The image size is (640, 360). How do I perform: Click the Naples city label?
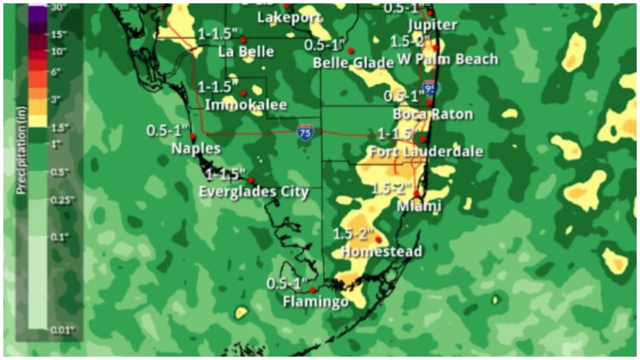pyautogui.click(x=195, y=148)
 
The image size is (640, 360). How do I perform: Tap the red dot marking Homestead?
pyautogui.click(x=378, y=239)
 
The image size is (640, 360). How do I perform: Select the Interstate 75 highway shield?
pyautogui.click(x=305, y=132)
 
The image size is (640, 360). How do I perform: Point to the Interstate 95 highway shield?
pyautogui.click(x=430, y=88)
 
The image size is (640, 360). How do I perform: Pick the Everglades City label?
pyautogui.click(x=253, y=192)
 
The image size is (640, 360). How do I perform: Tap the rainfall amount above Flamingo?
pyautogui.click(x=286, y=284)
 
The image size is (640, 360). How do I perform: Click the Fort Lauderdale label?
pyautogui.click(x=425, y=151)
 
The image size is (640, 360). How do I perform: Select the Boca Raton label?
pyautogui.click(x=432, y=114)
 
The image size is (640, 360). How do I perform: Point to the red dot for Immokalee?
pyautogui.click(x=243, y=93)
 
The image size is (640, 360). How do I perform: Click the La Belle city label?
pyautogui.click(x=246, y=51)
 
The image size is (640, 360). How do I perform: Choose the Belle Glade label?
pyautogui.click(x=353, y=62)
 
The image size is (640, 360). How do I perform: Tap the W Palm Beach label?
pyautogui.click(x=448, y=59)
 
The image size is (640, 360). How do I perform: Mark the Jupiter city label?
pyautogui.click(x=432, y=25)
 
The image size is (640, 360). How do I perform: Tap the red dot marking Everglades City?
pyautogui.click(x=250, y=180)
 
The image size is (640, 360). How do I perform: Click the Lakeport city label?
pyautogui.click(x=289, y=17)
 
